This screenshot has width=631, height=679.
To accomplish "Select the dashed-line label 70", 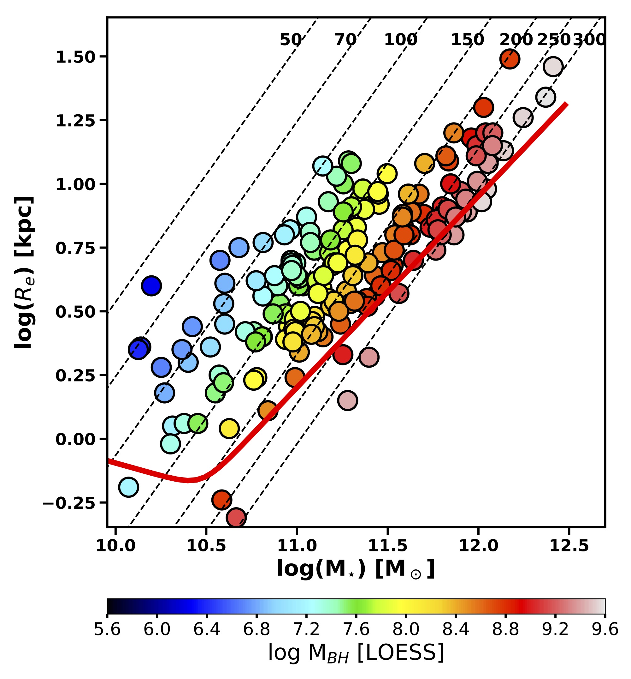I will point(345,40).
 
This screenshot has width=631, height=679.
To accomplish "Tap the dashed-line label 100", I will point(401,40).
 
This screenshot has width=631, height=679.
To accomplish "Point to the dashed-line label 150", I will point(467,40).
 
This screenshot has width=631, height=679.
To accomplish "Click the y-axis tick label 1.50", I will point(75,57).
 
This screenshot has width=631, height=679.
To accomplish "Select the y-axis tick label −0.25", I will point(68,503).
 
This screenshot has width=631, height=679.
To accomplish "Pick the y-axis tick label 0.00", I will point(75,439).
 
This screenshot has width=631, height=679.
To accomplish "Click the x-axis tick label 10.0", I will point(116,546).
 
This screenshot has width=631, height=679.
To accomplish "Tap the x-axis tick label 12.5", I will point(569,546).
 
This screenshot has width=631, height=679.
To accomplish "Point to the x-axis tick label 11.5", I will point(387,546).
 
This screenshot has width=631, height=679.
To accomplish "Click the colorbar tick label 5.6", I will point(107,629).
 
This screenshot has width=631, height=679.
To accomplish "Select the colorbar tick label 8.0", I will point(406,629).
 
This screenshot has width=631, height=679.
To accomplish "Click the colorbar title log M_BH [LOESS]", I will point(356,653).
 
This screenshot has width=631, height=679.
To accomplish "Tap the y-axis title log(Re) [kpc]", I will point(24,272).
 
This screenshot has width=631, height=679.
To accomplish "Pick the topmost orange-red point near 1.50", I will point(510,59).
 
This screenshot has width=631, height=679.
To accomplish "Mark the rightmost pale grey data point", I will point(553,67).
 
